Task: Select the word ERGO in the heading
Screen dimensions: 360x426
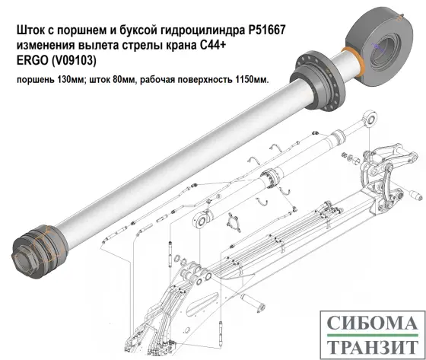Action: coord(33,62)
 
